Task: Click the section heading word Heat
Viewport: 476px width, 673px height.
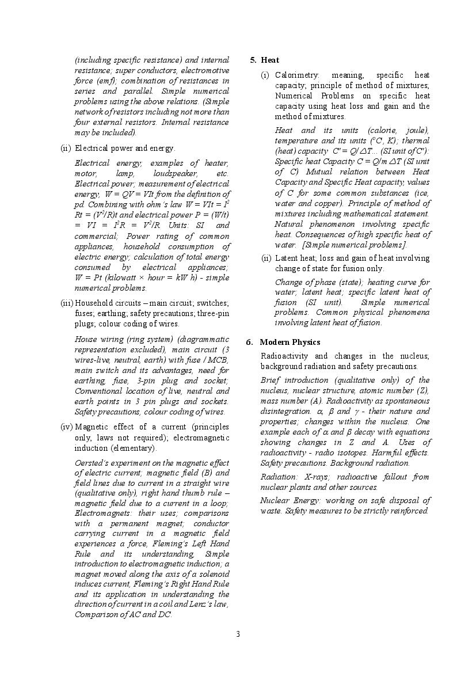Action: (x=270, y=60)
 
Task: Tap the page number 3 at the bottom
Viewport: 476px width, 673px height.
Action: (x=237, y=634)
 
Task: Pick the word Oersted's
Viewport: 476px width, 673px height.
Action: (x=93, y=463)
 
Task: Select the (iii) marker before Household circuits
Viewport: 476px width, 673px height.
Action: (x=67, y=303)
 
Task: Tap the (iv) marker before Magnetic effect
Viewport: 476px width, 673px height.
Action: (x=67, y=427)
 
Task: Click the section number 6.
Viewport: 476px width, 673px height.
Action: (x=249, y=342)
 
